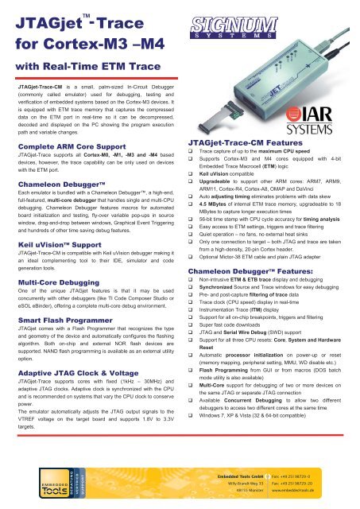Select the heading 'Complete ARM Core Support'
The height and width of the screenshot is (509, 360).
tap(66, 147)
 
